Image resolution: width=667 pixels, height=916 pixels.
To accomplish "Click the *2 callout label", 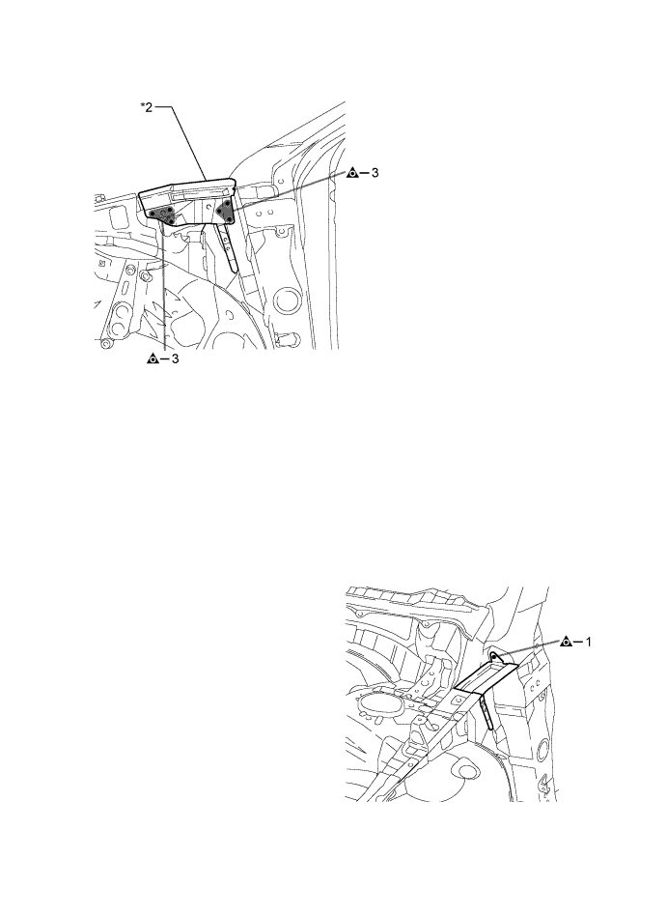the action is click(x=146, y=108).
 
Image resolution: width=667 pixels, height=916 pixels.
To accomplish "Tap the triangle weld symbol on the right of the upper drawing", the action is click(x=352, y=173).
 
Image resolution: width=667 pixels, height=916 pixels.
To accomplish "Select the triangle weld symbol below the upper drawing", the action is click(x=152, y=359).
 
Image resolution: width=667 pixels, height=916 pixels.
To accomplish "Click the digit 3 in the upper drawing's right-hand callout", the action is click(x=375, y=173).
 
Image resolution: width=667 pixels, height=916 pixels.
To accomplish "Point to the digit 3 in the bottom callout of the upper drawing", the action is click(x=175, y=359).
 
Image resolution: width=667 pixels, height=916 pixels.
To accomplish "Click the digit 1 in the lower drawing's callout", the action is click(x=589, y=642).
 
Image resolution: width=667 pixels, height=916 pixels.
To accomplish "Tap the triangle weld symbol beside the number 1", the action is click(x=565, y=642).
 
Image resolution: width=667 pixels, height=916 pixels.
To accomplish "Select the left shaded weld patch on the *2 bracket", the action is click(x=162, y=215).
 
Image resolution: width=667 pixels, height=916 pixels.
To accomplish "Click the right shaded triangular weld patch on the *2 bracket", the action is click(x=225, y=211).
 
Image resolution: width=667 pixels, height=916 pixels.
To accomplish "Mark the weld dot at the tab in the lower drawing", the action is click(x=493, y=657).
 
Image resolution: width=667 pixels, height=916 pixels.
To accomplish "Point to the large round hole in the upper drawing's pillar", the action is click(x=286, y=301).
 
